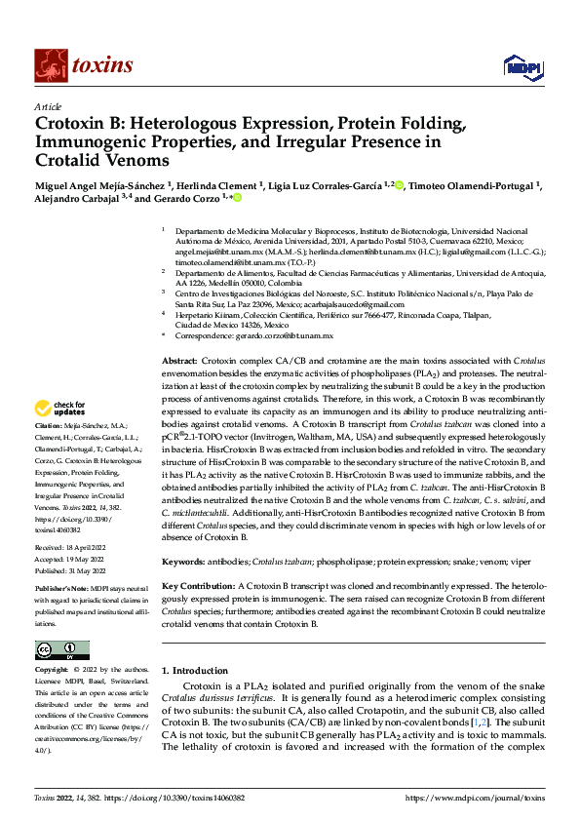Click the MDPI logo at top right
coord(518,65)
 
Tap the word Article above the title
coord(48,106)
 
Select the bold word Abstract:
coord(179,361)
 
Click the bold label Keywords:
coord(183,562)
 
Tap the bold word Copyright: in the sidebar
coord(51,670)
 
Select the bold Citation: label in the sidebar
coord(47,427)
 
